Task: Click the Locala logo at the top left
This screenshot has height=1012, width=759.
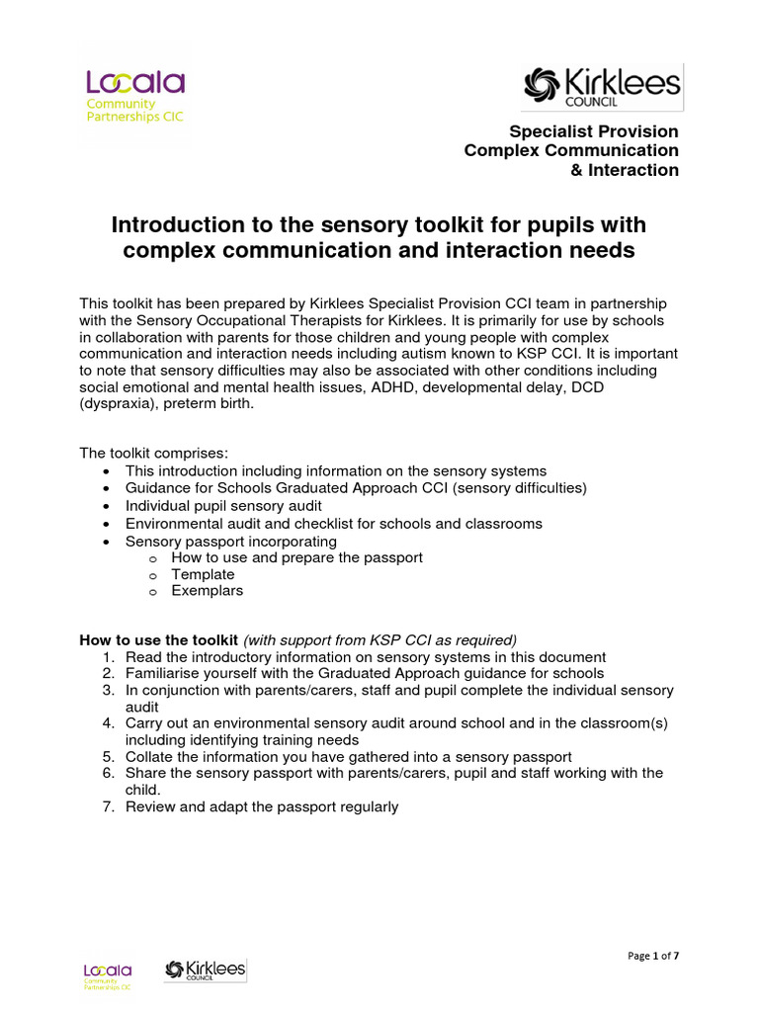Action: pyautogui.click(x=133, y=97)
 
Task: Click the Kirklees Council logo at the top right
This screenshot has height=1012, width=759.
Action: pyautogui.click(x=602, y=87)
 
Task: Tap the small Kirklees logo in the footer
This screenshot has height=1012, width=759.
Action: pyautogui.click(x=205, y=970)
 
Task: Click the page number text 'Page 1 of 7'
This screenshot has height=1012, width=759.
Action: pyautogui.click(x=653, y=956)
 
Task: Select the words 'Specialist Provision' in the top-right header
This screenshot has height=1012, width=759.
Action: pyautogui.click(x=593, y=131)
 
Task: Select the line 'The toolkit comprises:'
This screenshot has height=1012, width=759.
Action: pyautogui.click(x=153, y=454)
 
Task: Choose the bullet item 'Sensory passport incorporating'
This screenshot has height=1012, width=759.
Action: pyautogui.click(x=230, y=542)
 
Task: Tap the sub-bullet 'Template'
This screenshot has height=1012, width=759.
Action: pyautogui.click(x=203, y=574)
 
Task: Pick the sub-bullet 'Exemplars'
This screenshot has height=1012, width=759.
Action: pyautogui.click(x=207, y=591)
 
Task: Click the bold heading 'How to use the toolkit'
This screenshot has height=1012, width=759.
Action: pyautogui.click(x=158, y=638)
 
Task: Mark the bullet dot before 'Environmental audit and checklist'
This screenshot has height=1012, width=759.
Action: pyautogui.click(x=108, y=524)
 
